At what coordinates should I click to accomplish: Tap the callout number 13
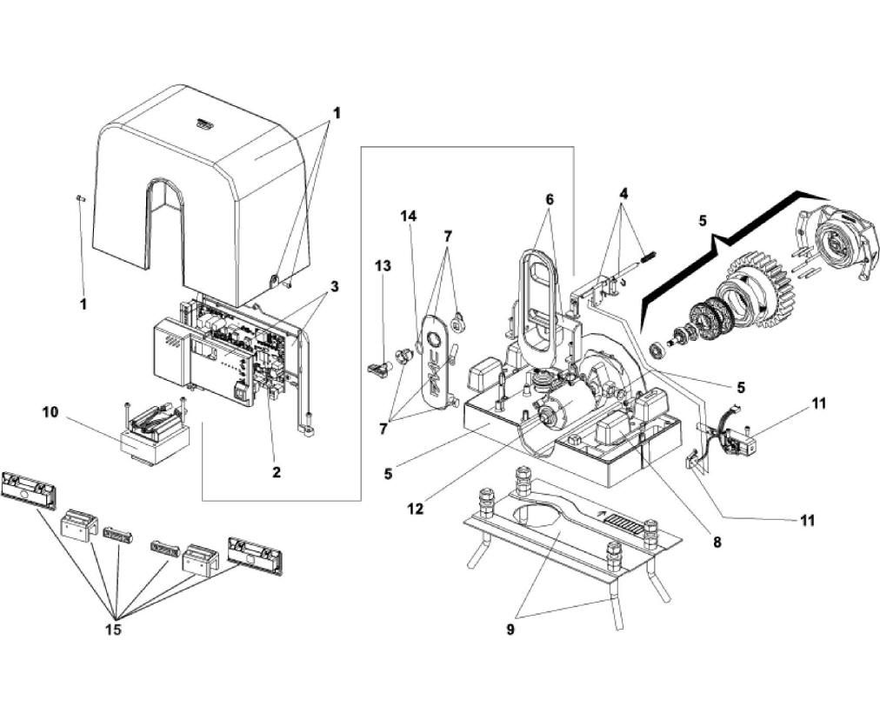click(x=383, y=265)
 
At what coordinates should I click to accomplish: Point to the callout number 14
click(x=410, y=215)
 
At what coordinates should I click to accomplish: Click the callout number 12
click(x=416, y=509)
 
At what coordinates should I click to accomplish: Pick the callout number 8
click(x=717, y=540)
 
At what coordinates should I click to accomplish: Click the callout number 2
click(x=276, y=472)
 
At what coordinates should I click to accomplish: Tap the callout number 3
click(x=335, y=286)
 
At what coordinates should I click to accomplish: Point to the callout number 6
click(x=550, y=199)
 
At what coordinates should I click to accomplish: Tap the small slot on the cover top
click(x=203, y=124)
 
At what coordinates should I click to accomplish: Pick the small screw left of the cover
click(x=79, y=198)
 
